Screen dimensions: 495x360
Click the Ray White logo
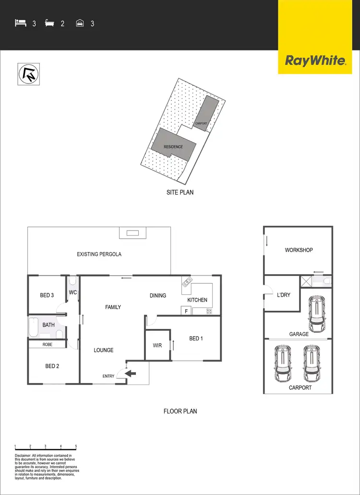click(x=315, y=60)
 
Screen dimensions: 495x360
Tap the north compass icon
click(x=29, y=74)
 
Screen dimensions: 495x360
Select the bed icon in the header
click(x=20, y=23)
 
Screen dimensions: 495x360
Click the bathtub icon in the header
click(x=49, y=23)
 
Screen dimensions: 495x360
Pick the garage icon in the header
click(x=80, y=23)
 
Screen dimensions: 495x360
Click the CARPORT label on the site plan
click(x=201, y=123)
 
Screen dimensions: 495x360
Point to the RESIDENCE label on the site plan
click(x=173, y=146)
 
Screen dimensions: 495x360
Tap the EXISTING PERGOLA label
click(x=99, y=254)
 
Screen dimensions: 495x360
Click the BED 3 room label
click(x=47, y=295)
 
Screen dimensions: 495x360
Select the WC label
click(x=73, y=292)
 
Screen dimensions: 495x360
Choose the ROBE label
click(x=47, y=344)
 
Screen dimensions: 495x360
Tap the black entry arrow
click(x=130, y=373)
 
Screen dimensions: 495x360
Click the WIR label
click(x=157, y=345)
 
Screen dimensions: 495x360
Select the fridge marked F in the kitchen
click(x=186, y=312)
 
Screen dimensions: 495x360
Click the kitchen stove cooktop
click(x=209, y=312)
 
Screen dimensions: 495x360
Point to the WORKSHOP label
click(x=299, y=250)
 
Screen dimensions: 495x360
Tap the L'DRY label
click(x=284, y=295)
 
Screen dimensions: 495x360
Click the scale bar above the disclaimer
click(x=46, y=447)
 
